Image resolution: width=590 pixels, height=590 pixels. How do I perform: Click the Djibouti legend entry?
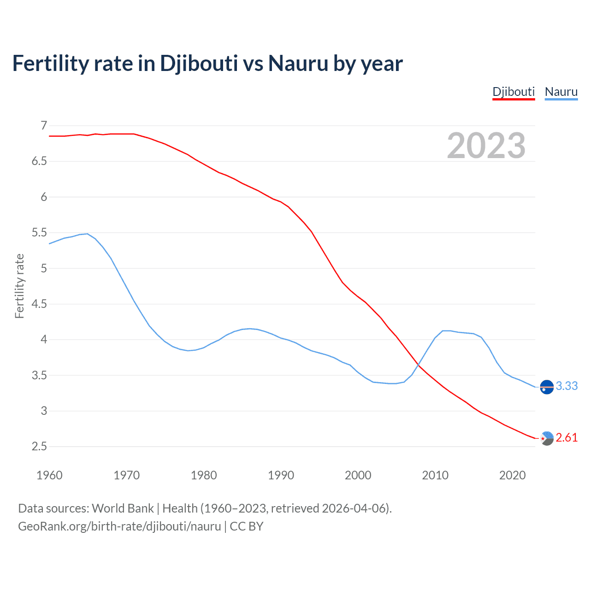(x=513, y=92)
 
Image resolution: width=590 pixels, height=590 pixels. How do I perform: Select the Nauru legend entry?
(x=561, y=92)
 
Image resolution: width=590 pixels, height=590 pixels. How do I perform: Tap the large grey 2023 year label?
(x=486, y=146)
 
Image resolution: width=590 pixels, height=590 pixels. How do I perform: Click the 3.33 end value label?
(x=566, y=386)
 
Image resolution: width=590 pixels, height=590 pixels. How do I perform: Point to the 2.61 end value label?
(x=566, y=437)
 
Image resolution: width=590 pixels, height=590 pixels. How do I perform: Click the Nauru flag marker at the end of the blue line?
(x=547, y=387)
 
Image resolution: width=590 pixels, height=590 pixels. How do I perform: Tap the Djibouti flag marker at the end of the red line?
(x=547, y=438)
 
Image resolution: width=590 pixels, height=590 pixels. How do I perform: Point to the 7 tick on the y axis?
(x=44, y=125)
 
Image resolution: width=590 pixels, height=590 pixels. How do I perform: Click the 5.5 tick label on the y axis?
(x=40, y=233)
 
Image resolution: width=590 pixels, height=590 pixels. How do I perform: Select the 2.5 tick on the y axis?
(x=40, y=447)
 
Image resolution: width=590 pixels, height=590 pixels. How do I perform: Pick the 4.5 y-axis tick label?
(x=40, y=304)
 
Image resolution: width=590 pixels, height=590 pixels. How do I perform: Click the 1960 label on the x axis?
(x=49, y=475)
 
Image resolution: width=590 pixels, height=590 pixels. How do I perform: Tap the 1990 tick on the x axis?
(x=281, y=475)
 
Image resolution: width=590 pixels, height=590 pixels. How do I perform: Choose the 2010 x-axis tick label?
(x=435, y=475)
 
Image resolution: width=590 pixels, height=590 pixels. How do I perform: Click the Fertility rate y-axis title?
(x=19, y=286)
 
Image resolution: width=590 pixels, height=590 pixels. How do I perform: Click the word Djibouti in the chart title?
(x=199, y=64)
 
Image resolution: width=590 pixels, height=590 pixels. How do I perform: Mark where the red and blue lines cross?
(x=419, y=364)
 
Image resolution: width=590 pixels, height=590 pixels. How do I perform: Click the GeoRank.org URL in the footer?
(x=119, y=526)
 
